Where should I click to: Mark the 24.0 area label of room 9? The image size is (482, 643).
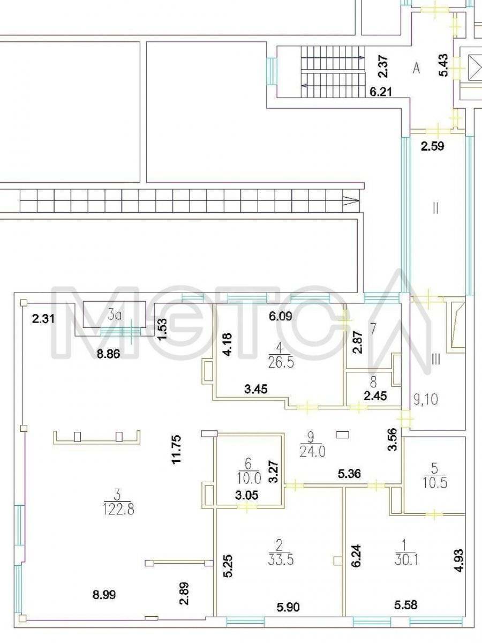(312, 453)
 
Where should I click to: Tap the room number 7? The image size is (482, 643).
(373, 329)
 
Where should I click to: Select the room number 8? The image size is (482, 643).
(373, 382)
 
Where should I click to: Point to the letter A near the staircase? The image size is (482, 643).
(416, 69)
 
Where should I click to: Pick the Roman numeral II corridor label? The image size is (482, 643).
(436, 208)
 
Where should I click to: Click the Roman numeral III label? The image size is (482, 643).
(436, 360)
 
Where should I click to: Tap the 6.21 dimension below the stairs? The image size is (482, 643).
(380, 92)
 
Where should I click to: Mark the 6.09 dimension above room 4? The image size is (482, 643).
(281, 316)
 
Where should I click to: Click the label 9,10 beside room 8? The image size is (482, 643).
(426, 399)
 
